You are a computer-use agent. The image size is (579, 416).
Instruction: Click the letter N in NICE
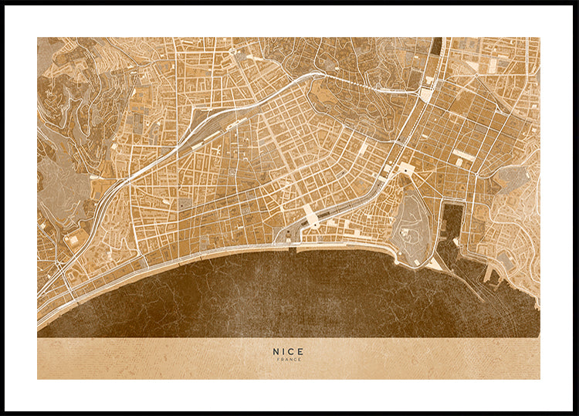tap(276, 351)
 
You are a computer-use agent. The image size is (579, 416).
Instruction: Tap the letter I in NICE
tap(283, 351)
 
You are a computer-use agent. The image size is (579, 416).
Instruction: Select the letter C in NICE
tap(291, 351)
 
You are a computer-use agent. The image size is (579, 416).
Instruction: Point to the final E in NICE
tap(300, 351)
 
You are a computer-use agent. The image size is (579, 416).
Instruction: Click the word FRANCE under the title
tap(288, 360)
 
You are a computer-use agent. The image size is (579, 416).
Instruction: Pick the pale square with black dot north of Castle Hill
tap(405, 167)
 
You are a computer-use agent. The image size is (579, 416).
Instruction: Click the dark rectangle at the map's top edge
tap(438, 46)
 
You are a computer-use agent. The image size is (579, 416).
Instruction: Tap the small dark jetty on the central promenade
tap(293, 248)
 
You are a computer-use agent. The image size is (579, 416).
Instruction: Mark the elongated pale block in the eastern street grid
tap(463, 154)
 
